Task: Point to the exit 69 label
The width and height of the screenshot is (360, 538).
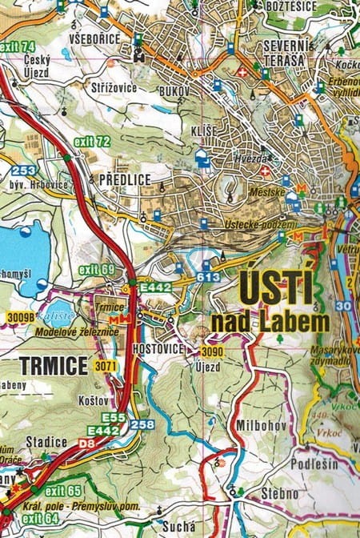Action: tap(97, 269)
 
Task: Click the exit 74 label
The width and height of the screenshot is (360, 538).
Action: tap(18, 46)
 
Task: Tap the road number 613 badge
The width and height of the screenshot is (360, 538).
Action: tap(208, 277)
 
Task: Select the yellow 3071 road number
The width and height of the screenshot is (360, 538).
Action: tap(105, 366)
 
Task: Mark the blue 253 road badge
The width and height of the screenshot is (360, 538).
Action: tap(22, 170)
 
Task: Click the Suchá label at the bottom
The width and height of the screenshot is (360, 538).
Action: tap(178, 526)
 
